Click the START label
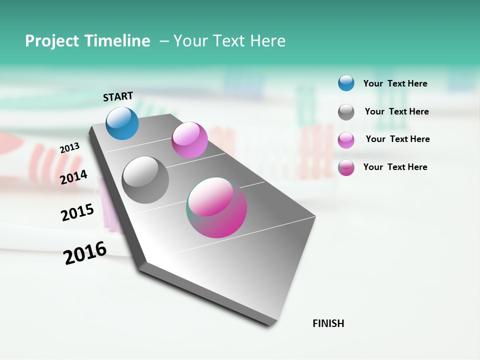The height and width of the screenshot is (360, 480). (x=118, y=96)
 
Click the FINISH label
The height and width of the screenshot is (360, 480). (x=328, y=323)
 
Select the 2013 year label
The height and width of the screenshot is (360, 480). (x=69, y=147)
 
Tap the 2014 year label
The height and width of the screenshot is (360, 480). (x=74, y=177)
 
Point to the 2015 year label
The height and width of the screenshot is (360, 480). (x=77, y=212)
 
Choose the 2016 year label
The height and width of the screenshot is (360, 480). (x=85, y=253)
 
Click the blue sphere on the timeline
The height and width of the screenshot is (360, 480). (x=122, y=123)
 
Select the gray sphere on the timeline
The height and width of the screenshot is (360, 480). (x=145, y=180)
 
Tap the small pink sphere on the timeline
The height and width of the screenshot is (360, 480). (x=189, y=140)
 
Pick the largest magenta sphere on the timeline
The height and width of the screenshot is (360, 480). (x=216, y=207)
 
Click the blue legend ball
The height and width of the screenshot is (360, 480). (x=346, y=83)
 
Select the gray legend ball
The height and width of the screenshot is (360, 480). (x=346, y=112)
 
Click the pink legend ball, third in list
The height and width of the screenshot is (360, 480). (x=346, y=140)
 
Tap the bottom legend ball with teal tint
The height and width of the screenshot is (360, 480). (x=346, y=167)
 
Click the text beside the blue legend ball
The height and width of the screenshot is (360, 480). (x=395, y=83)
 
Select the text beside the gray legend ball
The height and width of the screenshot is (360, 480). (x=396, y=111)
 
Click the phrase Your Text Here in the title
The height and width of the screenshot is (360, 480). (x=229, y=41)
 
